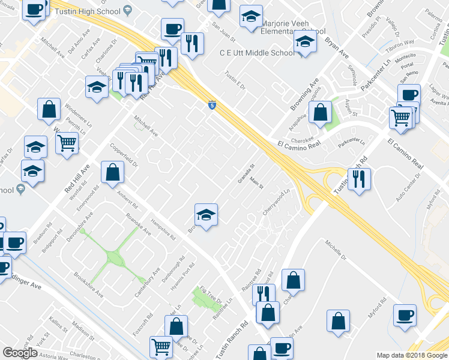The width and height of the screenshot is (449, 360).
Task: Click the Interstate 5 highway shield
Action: [x=212, y=105]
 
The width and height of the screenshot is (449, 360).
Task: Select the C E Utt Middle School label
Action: [x=256, y=53]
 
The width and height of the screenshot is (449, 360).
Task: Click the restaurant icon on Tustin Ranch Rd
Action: [x=359, y=178]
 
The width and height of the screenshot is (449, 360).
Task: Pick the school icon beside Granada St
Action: [x=205, y=214]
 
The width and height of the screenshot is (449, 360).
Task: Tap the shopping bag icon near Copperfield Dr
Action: [x=112, y=172]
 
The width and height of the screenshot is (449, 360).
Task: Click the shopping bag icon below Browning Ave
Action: [x=321, y=112]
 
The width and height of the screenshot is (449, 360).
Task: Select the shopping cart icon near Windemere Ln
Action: [x=67, y=142]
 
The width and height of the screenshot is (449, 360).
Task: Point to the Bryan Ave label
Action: [x=337, y=47]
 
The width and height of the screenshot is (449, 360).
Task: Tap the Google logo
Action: [x=20, y=353]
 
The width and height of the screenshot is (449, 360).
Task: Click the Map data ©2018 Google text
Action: [x=412, y=355]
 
